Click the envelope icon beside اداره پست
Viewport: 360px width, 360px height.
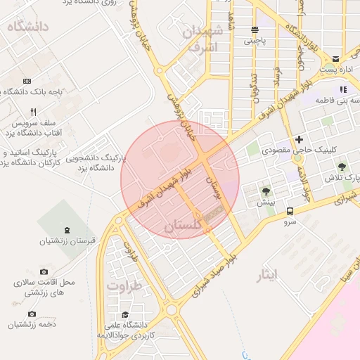click(x=336, y=58)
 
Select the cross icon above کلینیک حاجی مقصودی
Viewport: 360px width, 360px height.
click(x=300, y=139)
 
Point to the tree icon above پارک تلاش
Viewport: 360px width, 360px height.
click(x=342, y=167)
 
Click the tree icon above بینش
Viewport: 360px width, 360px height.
click(x=266, y=191)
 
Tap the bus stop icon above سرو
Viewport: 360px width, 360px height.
click(x=289, y=211)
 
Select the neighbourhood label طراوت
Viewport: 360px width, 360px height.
click(x=124, y=286)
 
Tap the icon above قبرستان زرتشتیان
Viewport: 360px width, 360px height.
click(x=67, y=230)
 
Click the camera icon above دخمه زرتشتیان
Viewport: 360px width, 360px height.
click(x=32, y=314)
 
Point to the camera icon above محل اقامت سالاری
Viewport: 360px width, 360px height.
click(x=44, y=271)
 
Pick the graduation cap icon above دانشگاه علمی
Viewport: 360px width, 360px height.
click(x=125, y=314)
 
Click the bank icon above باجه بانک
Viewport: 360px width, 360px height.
click(x=27, y=82)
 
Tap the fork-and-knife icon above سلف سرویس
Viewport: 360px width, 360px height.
click(x=33, y=112)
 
